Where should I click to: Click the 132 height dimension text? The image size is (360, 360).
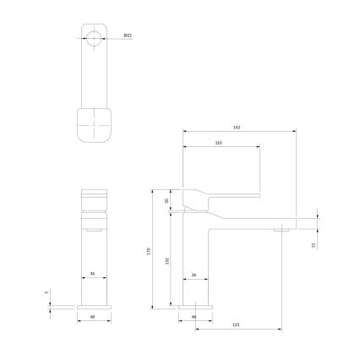[166, 262]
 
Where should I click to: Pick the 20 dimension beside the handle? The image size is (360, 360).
[166, 200]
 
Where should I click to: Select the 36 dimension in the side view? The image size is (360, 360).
[194, 275]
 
